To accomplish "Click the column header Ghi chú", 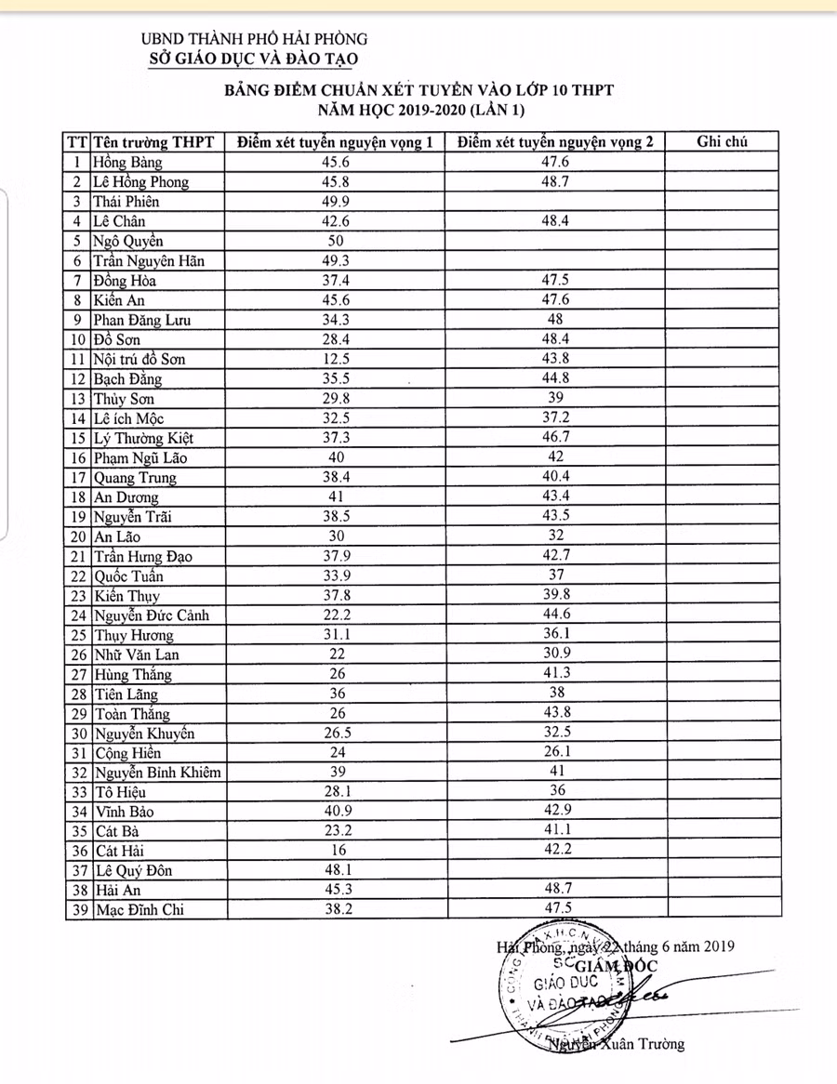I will tap(723, 141).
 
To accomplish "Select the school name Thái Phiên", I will tap(126, 202).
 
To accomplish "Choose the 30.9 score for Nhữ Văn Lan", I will tap(556, 654).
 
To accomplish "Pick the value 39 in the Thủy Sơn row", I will tap(556, 398).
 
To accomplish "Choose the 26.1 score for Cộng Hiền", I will tap(556, 752).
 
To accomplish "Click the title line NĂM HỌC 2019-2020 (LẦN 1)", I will tap(420, 111).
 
